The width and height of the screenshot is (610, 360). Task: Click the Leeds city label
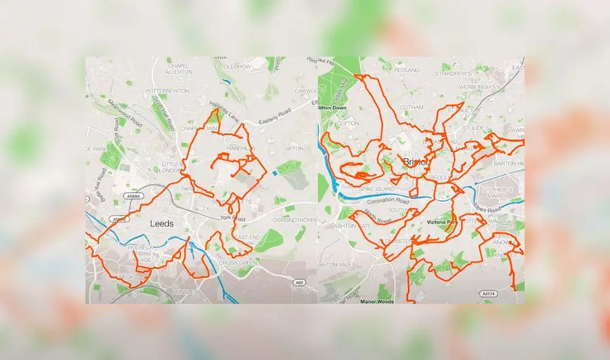click(162, 224)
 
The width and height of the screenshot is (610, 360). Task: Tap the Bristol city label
click(415, 162)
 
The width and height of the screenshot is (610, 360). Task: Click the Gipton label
click(293, 148)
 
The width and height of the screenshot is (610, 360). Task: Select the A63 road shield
click(298, 283)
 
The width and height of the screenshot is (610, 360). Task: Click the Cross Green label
click(232, 262)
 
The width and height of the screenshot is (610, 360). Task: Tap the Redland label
click(407, 70)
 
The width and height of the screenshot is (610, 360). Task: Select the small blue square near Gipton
click(274, 173)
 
